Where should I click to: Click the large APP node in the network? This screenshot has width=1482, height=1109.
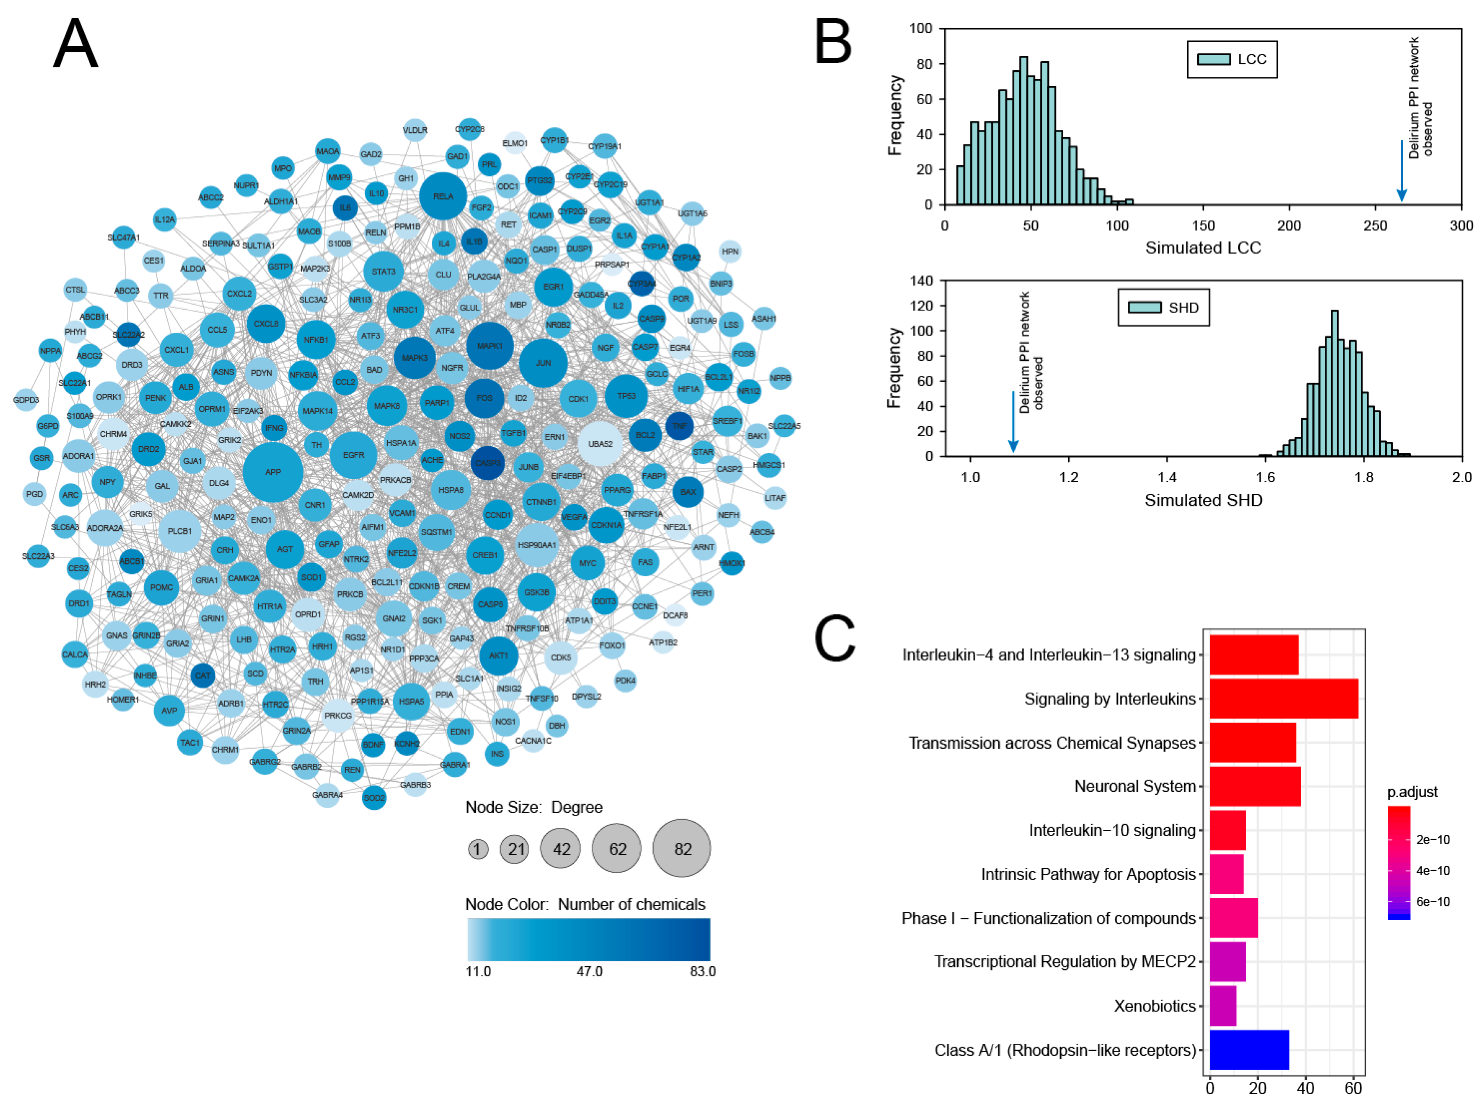[273, 472]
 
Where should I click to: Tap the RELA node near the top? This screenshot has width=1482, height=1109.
[443, 196]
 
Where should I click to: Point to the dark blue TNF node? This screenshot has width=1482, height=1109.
[679, 426]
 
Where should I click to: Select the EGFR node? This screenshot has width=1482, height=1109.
[353, 455]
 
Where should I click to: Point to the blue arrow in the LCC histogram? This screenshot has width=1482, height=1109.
[1401, 171]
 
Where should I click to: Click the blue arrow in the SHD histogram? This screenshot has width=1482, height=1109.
[1013, 422]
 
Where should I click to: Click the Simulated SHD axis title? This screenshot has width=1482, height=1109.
[1203, 500]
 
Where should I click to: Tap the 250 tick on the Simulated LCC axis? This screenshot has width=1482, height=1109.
[1375, 226]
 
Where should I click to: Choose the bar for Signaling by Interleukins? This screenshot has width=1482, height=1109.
[1283, 698]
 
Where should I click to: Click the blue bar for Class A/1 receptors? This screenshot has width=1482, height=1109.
[1249, 1050]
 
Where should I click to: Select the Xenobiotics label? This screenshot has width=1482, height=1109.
[1155, 1006]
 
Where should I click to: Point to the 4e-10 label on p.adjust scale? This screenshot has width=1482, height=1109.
[1433, 870]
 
